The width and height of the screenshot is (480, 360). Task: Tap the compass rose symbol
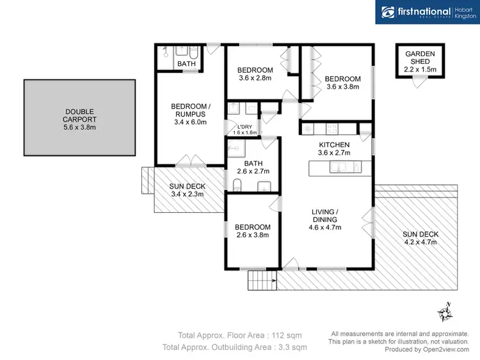tap(445, 313)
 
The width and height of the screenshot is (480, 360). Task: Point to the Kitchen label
tap(334, 149)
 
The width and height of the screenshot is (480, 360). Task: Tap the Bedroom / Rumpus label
tap(189, 114)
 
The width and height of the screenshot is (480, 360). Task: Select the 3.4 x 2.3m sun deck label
tap(188, 191)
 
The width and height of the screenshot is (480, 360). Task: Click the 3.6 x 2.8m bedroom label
tap(255, 74)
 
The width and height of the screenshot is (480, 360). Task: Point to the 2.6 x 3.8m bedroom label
tap(252, 231)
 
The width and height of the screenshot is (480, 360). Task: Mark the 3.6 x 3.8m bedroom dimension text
tap(343, 87)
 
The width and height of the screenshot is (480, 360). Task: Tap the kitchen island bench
tap(339, 168)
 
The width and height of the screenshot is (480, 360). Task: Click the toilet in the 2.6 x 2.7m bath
tap(237, 185)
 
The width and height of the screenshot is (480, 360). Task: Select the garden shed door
tap(419, 80)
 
